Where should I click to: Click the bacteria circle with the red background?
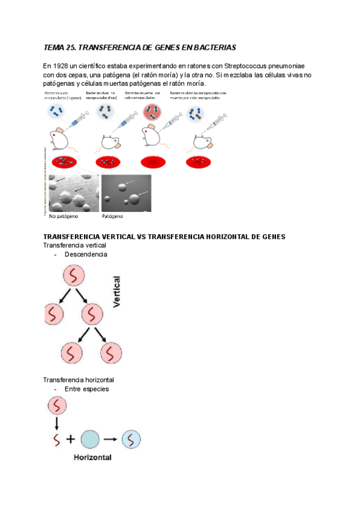click(x=151, y=112)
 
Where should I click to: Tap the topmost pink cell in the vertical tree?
click(x=74, y=277)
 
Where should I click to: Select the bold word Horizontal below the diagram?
click(x=94, y=457)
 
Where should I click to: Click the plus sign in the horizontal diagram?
click(x=71, y=439)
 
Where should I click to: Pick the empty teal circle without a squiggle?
click(x=89, y=439)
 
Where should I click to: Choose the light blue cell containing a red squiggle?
click(x=131, y=439)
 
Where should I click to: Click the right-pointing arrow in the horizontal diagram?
click(x=110, y=439)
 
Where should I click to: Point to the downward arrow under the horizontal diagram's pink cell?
click(x=56, y=425)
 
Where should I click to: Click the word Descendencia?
click(x=86, y=254)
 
